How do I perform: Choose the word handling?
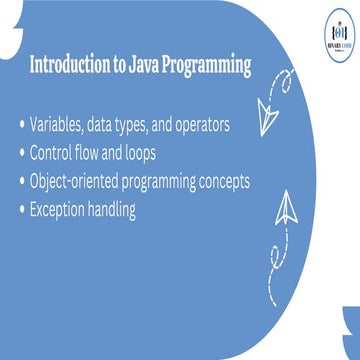(133, 212)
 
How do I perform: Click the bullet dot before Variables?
(22, 127)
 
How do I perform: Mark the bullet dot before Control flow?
(22, 155)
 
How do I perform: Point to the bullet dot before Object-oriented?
(22, 184)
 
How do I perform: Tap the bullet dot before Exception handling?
(22, 212)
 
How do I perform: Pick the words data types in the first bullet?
(126, 126)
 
